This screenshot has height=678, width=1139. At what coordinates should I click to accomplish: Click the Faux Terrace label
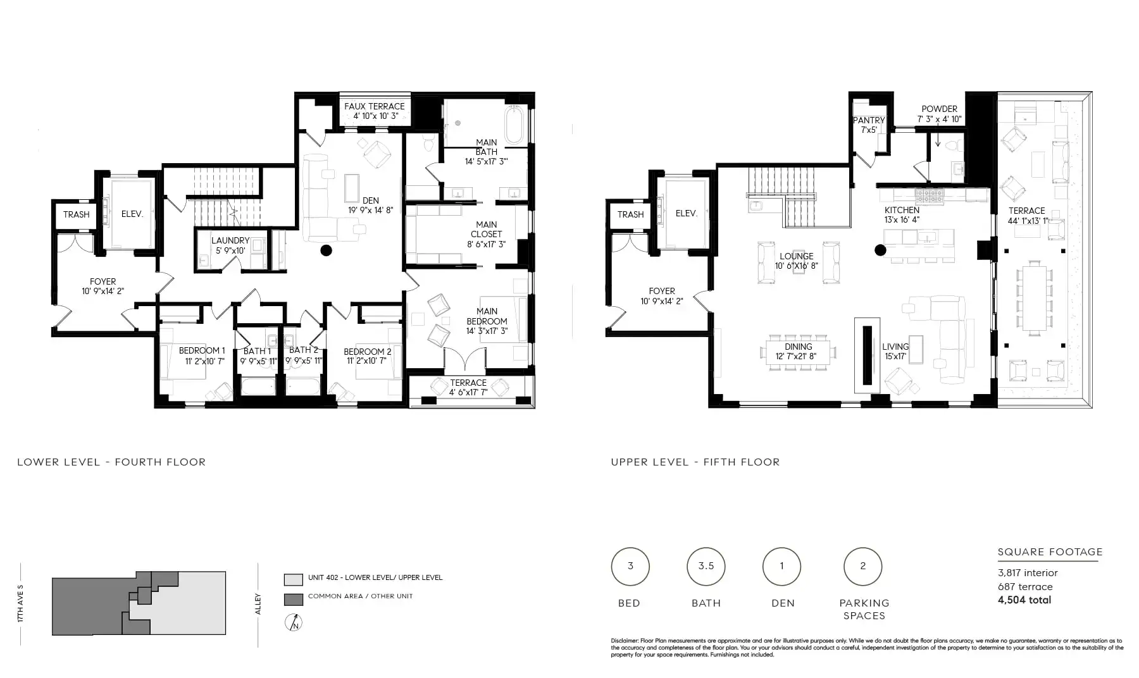[375, 106]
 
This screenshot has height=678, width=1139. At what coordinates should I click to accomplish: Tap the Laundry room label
[230, 240]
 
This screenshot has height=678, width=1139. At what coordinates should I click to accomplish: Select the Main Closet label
[487, 229]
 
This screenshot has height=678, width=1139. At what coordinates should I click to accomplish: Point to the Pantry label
[869, 120]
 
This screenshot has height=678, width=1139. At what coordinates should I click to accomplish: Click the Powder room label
[940, 109]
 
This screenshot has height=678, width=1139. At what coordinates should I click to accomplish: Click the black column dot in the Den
[327, 250]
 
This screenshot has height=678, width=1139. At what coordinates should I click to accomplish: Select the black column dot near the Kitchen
[880, 250]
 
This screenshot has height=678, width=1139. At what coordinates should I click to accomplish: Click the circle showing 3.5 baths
[706, 567]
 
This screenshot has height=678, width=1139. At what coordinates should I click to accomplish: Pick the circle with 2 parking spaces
[863, 567]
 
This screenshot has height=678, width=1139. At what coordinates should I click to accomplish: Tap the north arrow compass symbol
[294, 622]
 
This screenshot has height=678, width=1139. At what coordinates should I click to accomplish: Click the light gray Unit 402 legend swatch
[294, 579]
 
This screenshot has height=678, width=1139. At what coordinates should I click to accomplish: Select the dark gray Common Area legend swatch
[294, 600]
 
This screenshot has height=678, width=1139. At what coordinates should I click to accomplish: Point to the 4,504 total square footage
[1024, 600]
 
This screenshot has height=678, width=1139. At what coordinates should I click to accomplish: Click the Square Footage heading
[1050, 552]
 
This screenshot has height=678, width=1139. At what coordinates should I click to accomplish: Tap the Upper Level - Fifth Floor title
[695, 462]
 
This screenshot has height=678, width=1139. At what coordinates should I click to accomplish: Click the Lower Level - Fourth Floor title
[111, 462]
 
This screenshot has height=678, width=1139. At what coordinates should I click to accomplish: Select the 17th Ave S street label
[21, 604]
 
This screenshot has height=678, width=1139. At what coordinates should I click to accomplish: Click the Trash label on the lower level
[77, 214]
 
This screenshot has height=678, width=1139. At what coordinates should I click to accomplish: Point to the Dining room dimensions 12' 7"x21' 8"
[799, 357]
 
